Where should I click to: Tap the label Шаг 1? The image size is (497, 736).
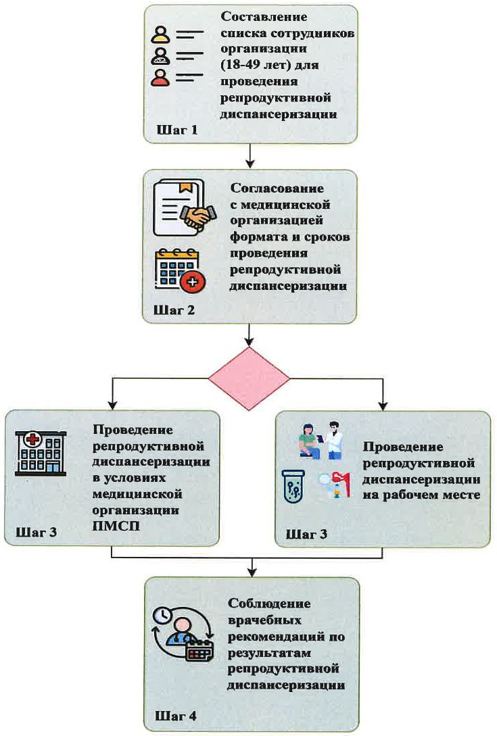coord(178,129)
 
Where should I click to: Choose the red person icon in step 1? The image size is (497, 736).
coord(160,78)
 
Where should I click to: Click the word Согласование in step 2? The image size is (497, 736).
coord(277,189)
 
